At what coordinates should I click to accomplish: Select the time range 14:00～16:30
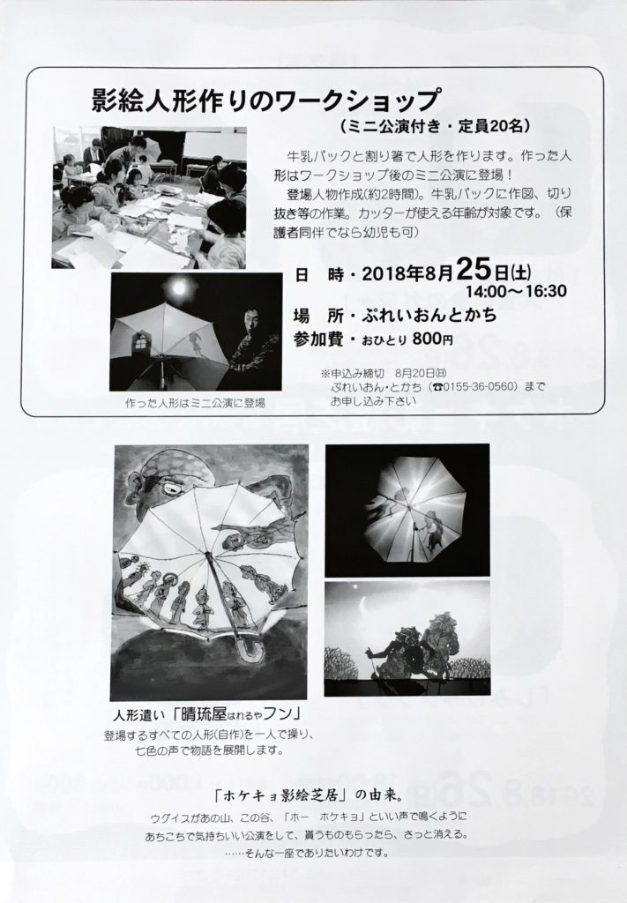tap(516, 291)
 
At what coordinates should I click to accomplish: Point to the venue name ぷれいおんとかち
tap(429, 315)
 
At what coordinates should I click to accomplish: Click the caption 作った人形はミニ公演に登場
tap(195, 403)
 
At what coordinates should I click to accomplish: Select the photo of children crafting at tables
tap(149, 198)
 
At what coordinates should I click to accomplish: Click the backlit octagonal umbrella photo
tap(407, 511)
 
